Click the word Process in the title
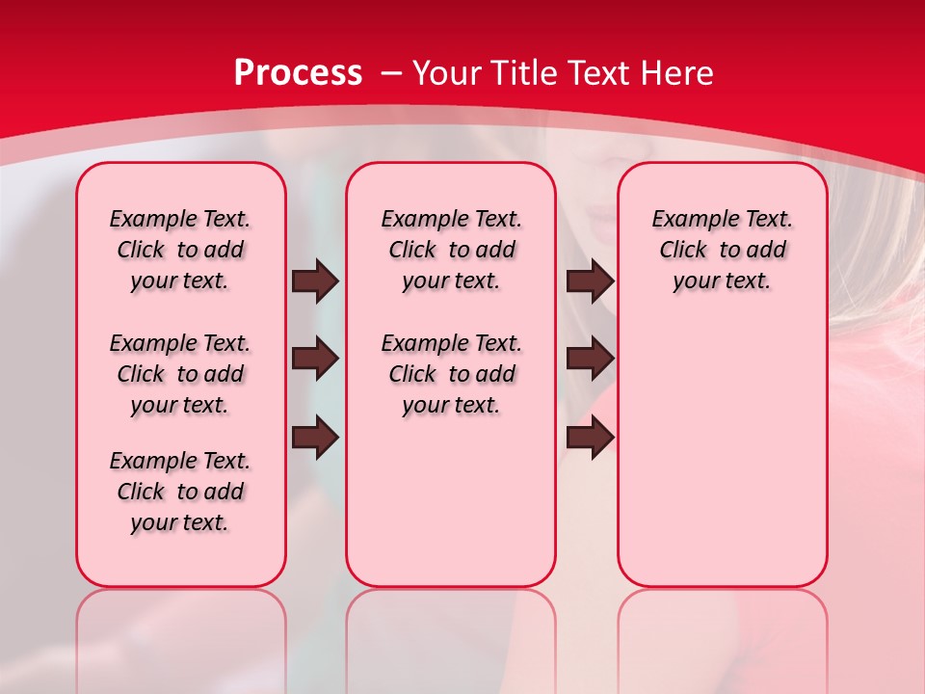coord(298,73)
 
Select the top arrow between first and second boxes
coord(315,280)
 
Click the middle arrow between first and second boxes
coord(315,359)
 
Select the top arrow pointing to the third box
coord(590,280)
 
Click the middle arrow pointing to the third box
coord(590,359)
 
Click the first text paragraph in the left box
coord(180,250)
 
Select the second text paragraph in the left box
coord(180,374)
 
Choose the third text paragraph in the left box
coord(180,492)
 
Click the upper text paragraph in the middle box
coord(452,250)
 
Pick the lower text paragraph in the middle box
coord(452,374)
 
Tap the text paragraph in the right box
coord(723,250)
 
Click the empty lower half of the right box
coord(723,463)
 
